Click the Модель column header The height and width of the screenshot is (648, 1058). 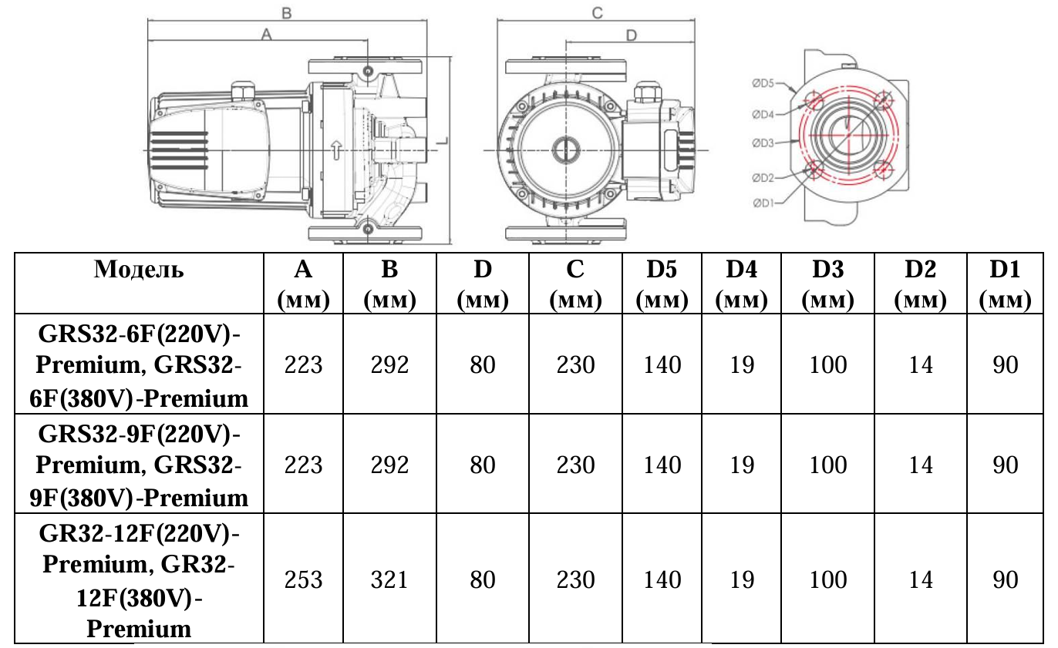coord(139,270)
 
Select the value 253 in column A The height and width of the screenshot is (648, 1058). coord(303,579)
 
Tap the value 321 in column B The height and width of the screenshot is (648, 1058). coord(389,579)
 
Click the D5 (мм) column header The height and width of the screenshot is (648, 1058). coord(662,283)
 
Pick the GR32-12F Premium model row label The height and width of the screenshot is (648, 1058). coord(139,579)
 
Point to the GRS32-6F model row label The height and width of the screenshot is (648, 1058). coord(139,365)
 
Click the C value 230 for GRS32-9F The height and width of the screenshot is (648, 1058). coord(575,465)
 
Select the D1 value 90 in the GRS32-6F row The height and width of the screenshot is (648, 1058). coord(1006,365)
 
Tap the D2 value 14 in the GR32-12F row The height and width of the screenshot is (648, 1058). coord(920,579)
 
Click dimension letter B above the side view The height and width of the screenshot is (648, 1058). coord(286,12)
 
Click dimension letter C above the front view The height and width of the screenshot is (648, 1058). coord(596,12)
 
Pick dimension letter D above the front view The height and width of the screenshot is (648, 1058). coord(630,35)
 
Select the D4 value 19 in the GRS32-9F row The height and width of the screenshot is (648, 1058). coord(741,465)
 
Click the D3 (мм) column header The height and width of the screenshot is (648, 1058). coord(828,283)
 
